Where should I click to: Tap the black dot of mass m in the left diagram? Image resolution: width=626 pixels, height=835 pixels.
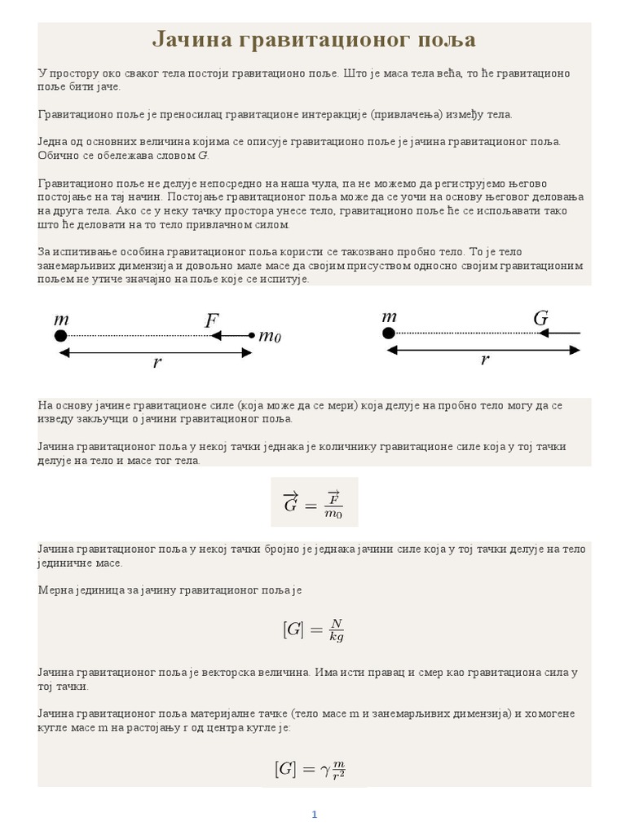coord(60,335)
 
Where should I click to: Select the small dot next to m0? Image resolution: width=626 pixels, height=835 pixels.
coord(251,335)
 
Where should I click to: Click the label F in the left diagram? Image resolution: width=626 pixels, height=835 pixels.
coord(212,320)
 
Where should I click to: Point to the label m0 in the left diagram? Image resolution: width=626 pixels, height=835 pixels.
coord(270,335)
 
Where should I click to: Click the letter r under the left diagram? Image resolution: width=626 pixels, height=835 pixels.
coord(157,364)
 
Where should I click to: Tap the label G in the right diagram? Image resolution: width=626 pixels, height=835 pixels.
coord(540,319)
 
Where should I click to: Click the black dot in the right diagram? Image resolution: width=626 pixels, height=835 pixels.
coord(389,333)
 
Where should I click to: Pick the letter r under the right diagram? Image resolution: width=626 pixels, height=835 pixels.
coord(485,360)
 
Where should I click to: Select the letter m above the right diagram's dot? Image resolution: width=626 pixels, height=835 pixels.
coord(389,316)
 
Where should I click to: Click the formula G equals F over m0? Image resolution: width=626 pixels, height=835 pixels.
coord(314,502)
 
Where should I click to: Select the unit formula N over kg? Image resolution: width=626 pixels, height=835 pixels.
coord(314,630)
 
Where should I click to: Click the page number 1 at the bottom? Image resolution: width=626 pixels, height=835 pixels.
coord(314,815)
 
